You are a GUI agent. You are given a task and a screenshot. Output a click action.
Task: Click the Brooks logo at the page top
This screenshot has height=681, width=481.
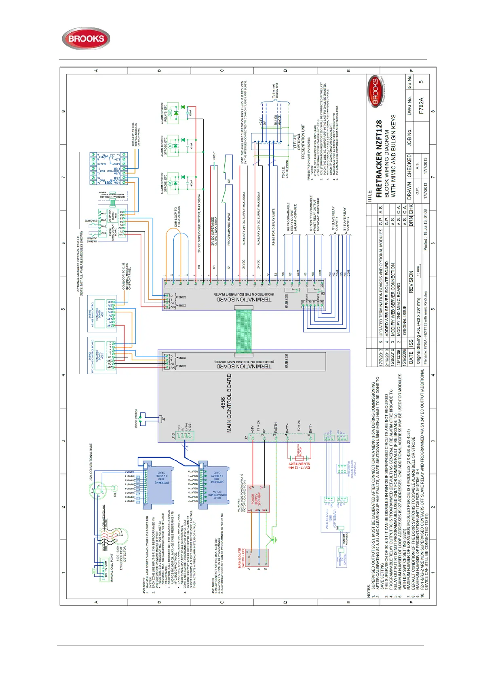click(x=86, y=39)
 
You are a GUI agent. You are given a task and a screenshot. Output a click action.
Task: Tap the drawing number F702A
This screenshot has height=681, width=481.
click(x=422, y=106)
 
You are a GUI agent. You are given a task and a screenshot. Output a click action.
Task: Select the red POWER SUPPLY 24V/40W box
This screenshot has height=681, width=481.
click(x=258, y=498)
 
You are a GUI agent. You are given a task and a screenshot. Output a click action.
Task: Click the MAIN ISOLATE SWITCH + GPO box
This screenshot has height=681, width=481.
click(x=257, y=560)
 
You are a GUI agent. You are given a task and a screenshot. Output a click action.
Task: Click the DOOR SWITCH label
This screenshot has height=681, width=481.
click(x=136, y=418)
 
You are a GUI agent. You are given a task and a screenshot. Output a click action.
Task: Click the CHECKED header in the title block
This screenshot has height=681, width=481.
click(x=409, y=165)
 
